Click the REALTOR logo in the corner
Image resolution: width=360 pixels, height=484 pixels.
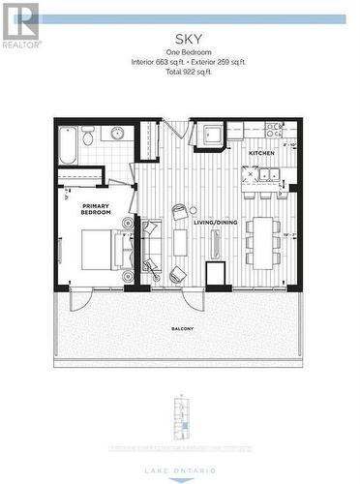tap(19, 25)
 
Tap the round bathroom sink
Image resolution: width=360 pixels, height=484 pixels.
tap(116, 134)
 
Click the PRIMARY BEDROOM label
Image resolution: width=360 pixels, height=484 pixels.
tap(96, 208)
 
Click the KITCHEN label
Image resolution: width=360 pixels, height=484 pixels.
tap(261, 154)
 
